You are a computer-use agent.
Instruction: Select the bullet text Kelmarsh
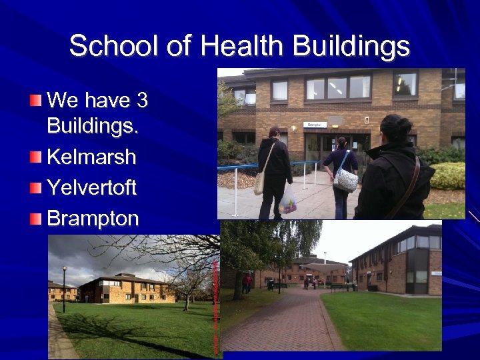pyautogui.click(x=92, y=157)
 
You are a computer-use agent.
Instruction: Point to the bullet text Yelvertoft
pyautogui.click(x=92, y=188)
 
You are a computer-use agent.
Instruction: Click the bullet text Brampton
pyautogui.click(x=93, y=218)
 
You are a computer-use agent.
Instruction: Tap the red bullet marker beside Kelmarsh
pyautogui.click(x=35, y=157)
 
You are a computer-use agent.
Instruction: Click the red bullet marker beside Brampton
pyautogui.click(x=35, y=218)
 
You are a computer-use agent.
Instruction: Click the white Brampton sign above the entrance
pyautogui.click(x=315, y=124)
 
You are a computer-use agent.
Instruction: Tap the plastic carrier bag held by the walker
pyautogui.click(x=288, y=200)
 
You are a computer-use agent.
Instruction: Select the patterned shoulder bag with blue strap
pyautogui.click(x=345, y=179)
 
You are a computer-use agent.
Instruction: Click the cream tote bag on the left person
pyautogui.click(x=259, y=182)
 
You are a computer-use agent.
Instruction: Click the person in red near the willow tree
pyautogui.click(x=247, y=283)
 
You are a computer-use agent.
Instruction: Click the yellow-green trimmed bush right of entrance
pyautogui.click(x=449, y=176)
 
